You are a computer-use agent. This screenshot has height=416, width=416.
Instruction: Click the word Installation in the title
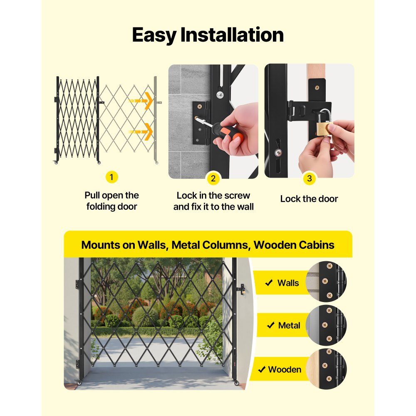click(232, 35)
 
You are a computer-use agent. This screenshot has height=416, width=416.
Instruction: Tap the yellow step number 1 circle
click(111, 177)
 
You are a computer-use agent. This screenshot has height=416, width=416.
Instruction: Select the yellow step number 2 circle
click(213, 179)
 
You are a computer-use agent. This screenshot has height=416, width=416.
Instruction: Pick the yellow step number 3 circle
click(310, 179)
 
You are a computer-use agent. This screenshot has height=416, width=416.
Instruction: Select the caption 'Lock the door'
click(309, 199)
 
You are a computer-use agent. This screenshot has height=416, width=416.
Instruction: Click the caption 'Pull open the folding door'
click(111, 201)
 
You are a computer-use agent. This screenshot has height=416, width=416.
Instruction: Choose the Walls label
click(288, 283)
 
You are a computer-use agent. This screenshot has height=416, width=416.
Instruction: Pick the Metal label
click(289, 325)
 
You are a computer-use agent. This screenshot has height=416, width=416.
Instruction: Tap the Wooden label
click(285, 369)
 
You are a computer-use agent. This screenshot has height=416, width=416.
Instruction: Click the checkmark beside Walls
click(269, 283)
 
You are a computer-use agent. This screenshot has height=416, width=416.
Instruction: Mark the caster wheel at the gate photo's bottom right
click(236, 383)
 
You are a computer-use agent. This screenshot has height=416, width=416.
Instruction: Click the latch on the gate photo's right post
click(240, 288)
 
